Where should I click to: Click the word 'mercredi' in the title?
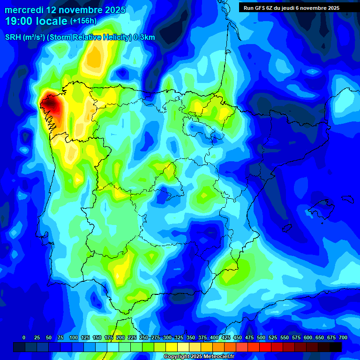coord(24,10)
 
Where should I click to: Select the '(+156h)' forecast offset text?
coord(83,21)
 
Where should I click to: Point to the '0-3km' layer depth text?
coord(144,37)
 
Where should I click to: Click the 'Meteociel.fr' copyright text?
coord(216,357)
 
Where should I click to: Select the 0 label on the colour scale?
coord(24,337)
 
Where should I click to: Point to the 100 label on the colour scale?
coord(73,337)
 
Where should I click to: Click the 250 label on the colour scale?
coord(143,337)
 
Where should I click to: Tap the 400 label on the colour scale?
coord(214,337)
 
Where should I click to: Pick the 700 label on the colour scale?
coord(343,337)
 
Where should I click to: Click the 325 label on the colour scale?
coord(179,337)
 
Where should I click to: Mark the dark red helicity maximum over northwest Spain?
coord(51,104)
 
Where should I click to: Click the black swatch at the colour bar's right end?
coord(336,347)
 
